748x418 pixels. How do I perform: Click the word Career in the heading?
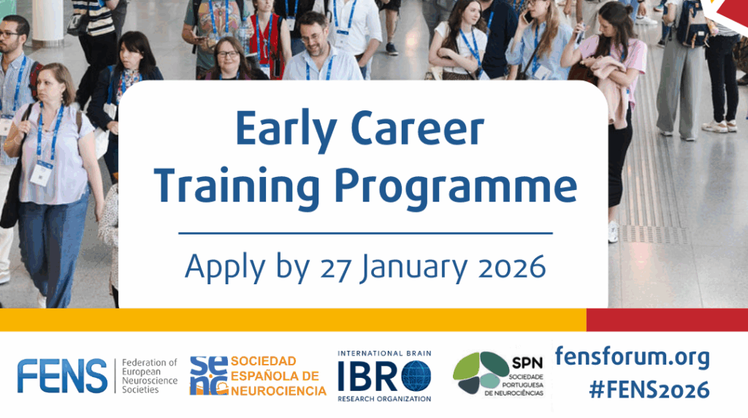pyautogui.click(x=417, y=129)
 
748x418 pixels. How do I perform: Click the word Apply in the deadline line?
pyautogui.click(x=225, y=268)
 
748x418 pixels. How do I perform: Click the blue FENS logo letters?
pyautogui.click(x=62, y=376)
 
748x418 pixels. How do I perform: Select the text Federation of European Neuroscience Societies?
pyautogui.click(x=149, y=376)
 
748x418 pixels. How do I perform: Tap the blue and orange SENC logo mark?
pyautogui.click(x=208, y=376)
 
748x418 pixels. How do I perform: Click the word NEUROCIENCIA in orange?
pyautogui.click(x=278, y=391)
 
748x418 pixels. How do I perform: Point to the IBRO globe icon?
pyautogui.click(x=416, y=376)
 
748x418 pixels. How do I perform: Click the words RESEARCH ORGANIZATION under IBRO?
pyautogui.click(x=384, y=399)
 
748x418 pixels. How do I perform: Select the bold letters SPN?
pyautogui.click(x=527, y=363)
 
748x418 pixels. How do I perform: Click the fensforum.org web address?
pyautogui.click(x=632, y=357)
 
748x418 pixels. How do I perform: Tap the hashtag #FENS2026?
pyautogui.click(x=649, y=389)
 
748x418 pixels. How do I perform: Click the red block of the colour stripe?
pyautogui.click(x=667, y=319)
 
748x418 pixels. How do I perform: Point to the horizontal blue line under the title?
pyautogui.click(x=365, y=233)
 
